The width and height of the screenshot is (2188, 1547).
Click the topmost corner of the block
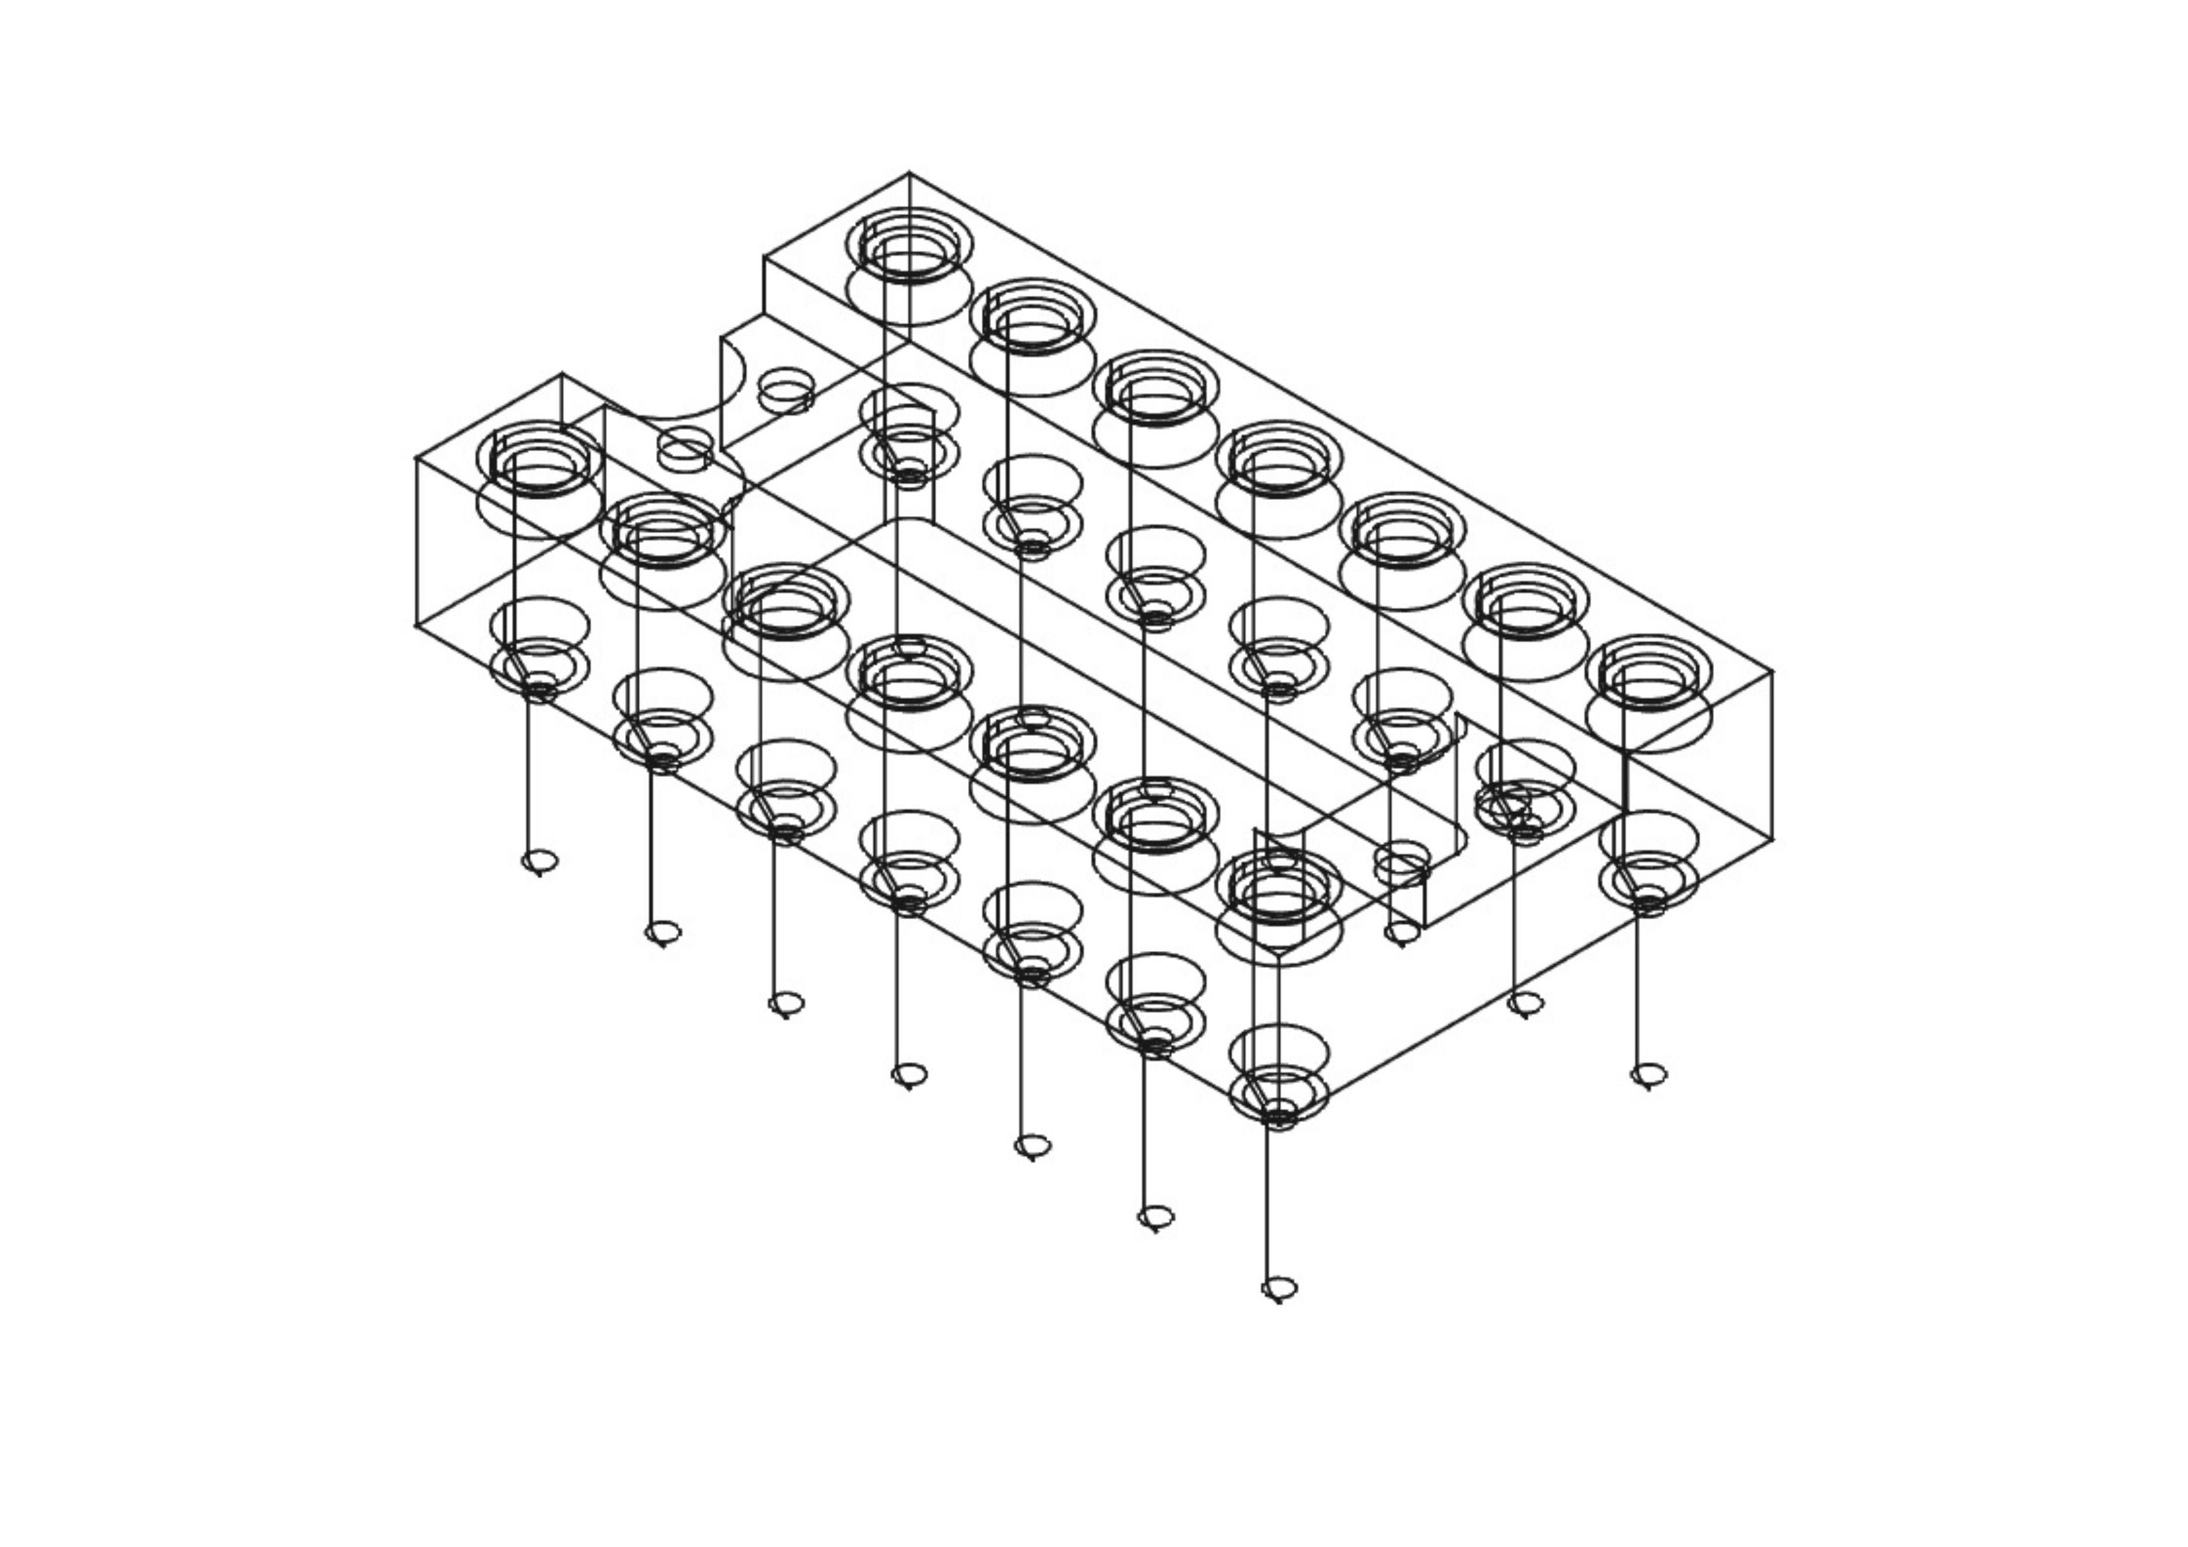tap(908, 172)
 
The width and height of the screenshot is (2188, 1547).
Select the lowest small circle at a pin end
tap(1279, 1290)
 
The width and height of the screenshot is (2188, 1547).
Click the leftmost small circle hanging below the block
tap(540, 862)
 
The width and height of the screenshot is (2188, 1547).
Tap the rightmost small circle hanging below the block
tap(1648, 1075)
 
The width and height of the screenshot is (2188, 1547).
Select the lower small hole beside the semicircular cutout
tap(684, 448)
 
